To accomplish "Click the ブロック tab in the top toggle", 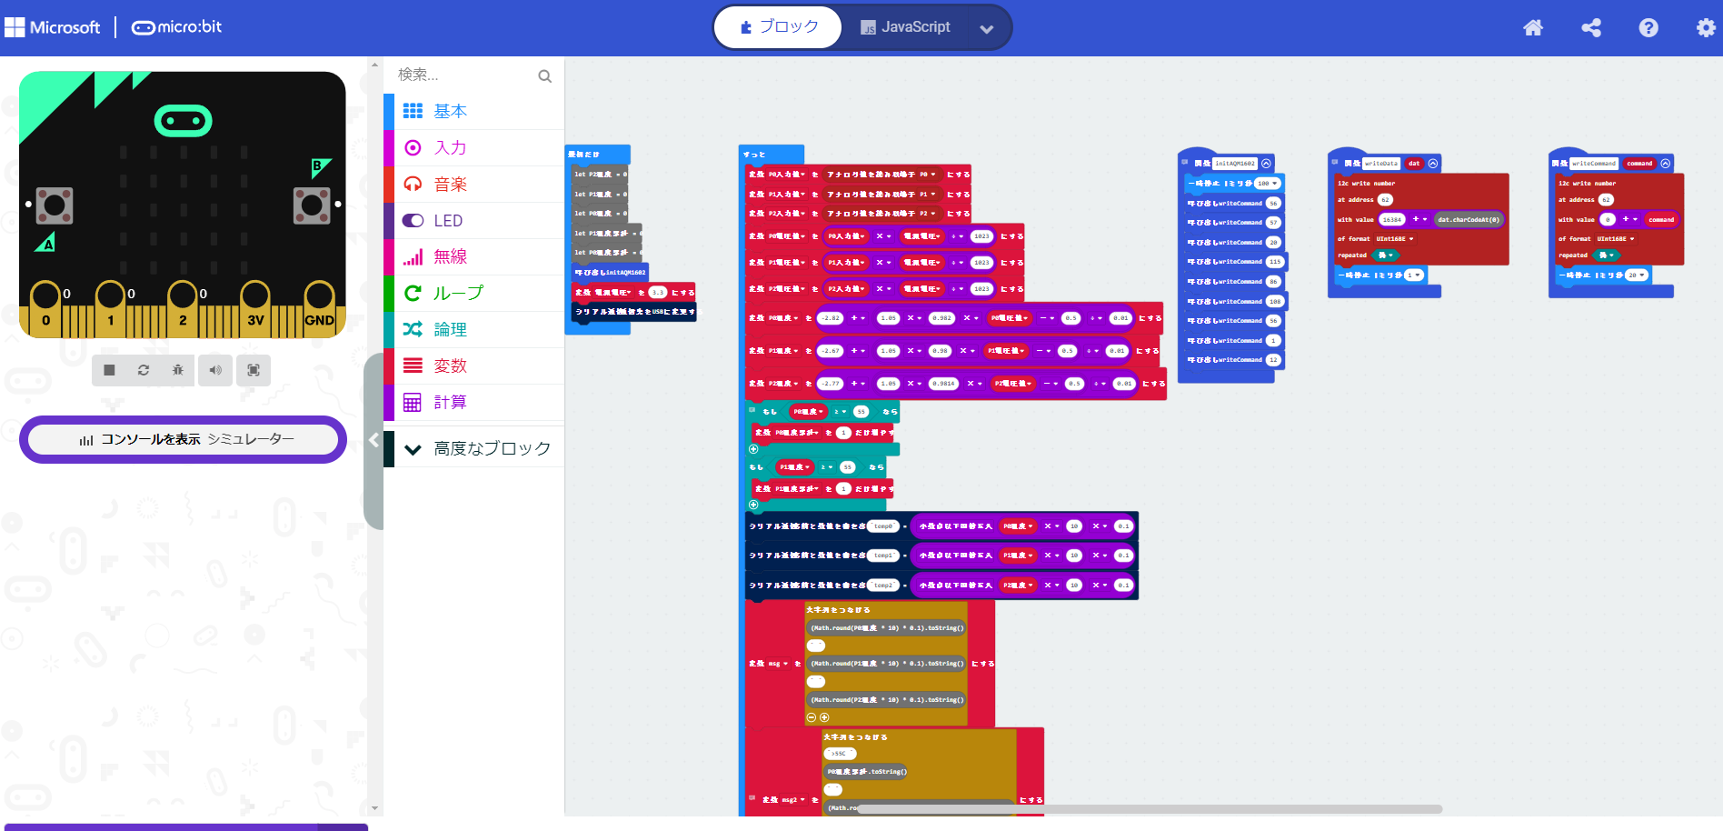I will tap(779, 27).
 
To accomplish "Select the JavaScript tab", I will tap(905, 27).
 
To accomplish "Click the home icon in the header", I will tap(1533, 28).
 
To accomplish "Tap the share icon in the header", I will tap(1591, 28).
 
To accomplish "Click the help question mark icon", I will tap(1648, 28).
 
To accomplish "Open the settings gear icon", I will tap(1706, 28).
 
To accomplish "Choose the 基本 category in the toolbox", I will tap(450, 111).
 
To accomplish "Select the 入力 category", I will tap(450, 147).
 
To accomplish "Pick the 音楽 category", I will tap(450, 184).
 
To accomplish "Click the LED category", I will tap(448, 220).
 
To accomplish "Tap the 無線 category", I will tap(450, 256).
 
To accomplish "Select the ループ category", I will tap(458, 293).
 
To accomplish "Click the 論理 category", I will tap(450, 329).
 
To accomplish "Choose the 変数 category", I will tap(450, 365).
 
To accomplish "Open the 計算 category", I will tap(450, 402).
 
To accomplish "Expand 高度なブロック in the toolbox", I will tap(491, 448).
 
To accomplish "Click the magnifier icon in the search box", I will tap(544, 75).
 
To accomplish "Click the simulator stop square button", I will tap(109, 370).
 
